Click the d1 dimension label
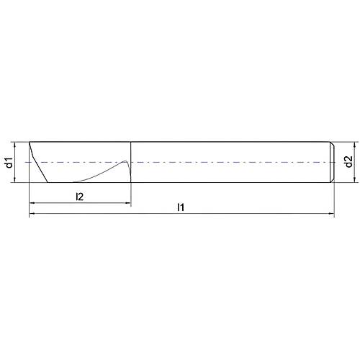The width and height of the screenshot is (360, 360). [x=9, y=162]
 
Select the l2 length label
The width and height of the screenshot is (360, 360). [x=81, y=196]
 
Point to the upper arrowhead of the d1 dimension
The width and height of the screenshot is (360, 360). [x=17, y=143]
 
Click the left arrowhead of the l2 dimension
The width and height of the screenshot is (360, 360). [x=32, y=204]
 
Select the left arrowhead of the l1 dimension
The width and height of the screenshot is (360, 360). [x=32, y=215]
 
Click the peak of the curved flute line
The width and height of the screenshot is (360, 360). [x=126, y=160]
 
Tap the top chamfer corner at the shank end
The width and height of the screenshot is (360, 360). [x=333, y=143]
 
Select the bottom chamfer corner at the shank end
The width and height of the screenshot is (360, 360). [x=333, y=181]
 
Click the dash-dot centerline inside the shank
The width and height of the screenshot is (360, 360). [x=230, y=162]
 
